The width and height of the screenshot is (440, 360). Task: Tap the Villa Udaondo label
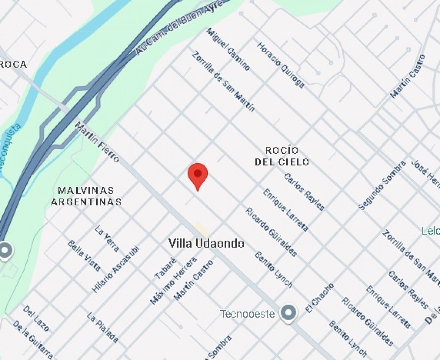coord(206,244)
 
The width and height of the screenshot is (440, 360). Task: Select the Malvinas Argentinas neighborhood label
coord(86,196)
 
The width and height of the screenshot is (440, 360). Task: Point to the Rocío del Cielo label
coord(282,156)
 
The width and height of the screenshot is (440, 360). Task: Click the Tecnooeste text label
coord(247,314)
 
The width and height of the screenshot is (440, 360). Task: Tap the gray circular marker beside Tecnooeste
coord(289,313)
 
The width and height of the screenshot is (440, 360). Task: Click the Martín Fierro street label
coord(97,142)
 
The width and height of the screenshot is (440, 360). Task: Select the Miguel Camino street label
coord(228,49)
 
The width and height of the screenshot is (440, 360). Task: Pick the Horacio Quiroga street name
coord(280,65)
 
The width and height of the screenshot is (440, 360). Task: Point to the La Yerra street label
coord(107,239)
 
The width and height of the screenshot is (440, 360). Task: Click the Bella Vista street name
coord(84,256)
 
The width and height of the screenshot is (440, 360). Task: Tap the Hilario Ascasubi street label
coord(116,269)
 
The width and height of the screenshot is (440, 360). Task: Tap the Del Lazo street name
coord(36,319)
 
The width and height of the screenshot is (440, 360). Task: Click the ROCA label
coord(13,64)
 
